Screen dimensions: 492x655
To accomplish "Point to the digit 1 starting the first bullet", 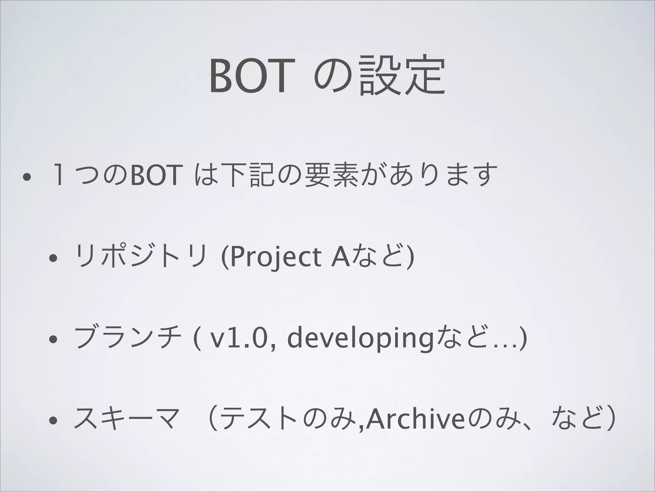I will pyautogui.click(x=58, y=175).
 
